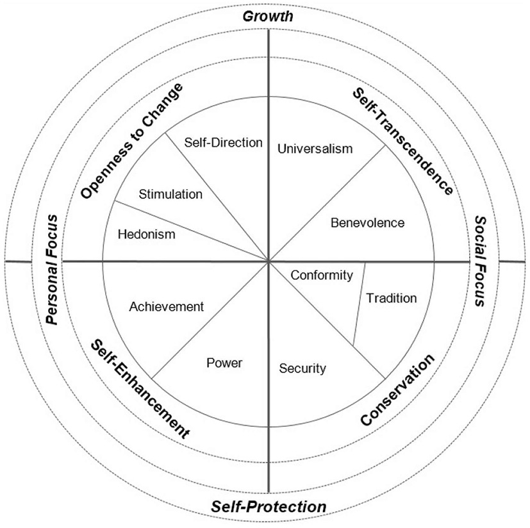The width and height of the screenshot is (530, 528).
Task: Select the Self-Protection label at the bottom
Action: coord(269,507)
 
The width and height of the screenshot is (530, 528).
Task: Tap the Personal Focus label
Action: coord(53,269)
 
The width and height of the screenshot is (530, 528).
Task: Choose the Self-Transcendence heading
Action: coord(403,140)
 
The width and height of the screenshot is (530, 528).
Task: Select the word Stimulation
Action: coord(171,194)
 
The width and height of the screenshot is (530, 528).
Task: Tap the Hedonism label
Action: coord(146,235)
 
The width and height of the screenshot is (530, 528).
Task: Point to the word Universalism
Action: coord(315,149)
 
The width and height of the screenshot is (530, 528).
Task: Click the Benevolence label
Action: coord(368,223)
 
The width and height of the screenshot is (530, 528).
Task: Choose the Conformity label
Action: coord(322,276)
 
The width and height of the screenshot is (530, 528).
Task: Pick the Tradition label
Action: coord(391,298)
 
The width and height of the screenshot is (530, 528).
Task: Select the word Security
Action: coord(303,368)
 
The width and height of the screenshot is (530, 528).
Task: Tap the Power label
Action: coord(224,363)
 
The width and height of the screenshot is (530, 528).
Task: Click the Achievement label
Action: coord(166,307)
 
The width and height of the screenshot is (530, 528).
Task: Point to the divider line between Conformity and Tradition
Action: coord(359,304)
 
